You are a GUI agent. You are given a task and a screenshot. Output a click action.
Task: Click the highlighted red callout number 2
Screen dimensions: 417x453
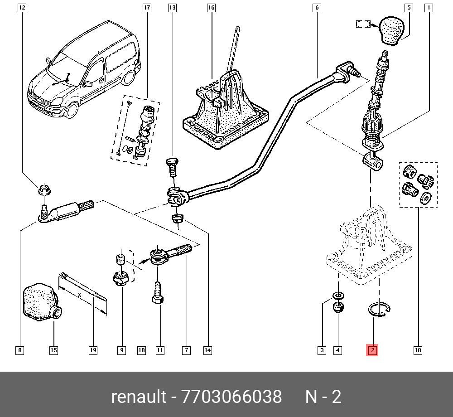click(x=372, y=350)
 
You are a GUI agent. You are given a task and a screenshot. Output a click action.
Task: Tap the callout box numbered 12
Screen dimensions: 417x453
click(x=22, y=8)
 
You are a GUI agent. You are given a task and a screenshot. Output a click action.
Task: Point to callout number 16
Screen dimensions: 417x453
click(x=211, y=8)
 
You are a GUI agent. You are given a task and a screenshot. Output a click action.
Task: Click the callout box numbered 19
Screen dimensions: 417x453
click(x=93, y=350)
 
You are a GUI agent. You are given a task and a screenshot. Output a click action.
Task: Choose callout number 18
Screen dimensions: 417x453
click(x=418, y=350)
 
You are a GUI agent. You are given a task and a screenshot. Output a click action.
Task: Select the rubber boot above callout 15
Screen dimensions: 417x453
click(x=40, y=302)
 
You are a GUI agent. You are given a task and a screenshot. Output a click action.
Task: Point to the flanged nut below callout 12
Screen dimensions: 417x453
click(x=44, y=190)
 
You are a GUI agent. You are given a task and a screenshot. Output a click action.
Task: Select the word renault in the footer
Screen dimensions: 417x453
click(x=139, y=397)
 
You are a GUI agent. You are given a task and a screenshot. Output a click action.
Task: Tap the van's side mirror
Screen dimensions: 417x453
click(x=89, y=84)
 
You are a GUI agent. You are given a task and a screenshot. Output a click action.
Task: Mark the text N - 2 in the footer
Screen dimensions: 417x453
click(x=323, y=397)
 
